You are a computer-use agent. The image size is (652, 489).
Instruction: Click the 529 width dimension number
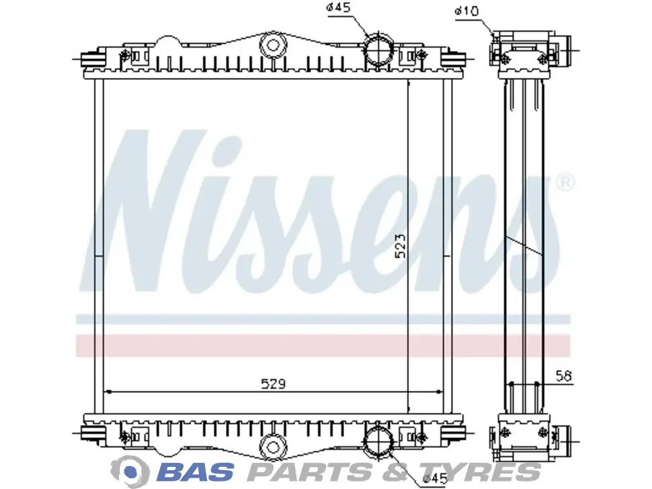click(273, 384)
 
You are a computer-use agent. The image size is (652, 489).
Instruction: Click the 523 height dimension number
click(400, 246)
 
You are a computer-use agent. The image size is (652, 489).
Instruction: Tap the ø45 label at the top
click(339, 7)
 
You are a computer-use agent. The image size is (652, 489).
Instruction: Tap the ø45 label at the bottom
click(435, 479)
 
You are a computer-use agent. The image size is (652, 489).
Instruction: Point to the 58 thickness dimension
click(564, 375)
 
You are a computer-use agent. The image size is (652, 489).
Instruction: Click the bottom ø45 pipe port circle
click(379, 441)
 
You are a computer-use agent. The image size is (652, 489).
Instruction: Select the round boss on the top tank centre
click(273, 45)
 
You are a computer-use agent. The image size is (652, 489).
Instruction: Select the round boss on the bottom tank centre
click(273, 447)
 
